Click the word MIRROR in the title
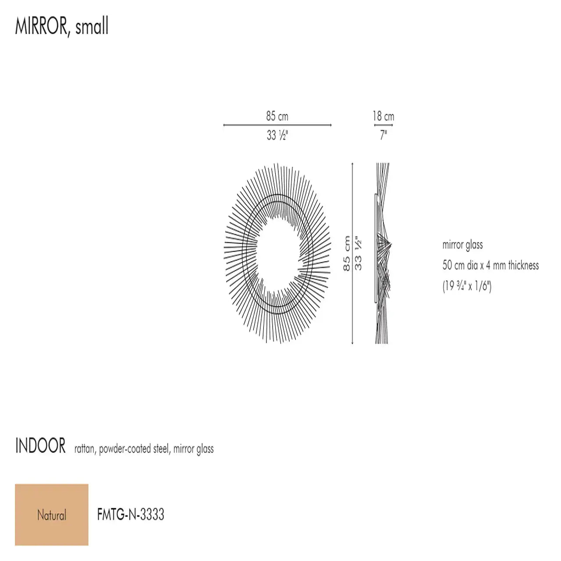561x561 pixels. coord(41,26)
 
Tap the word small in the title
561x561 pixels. coord(92,25)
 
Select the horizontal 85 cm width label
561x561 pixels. coord(277,116)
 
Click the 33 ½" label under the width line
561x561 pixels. coord(277,135)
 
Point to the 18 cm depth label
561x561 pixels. coord(383,116)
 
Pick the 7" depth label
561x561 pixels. coord(383,135)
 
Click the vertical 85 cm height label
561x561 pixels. coord(346,253)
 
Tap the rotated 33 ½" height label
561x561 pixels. coord(358,253)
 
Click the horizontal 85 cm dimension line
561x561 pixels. coord(277,125)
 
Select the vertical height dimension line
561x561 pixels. coord(352,254)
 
